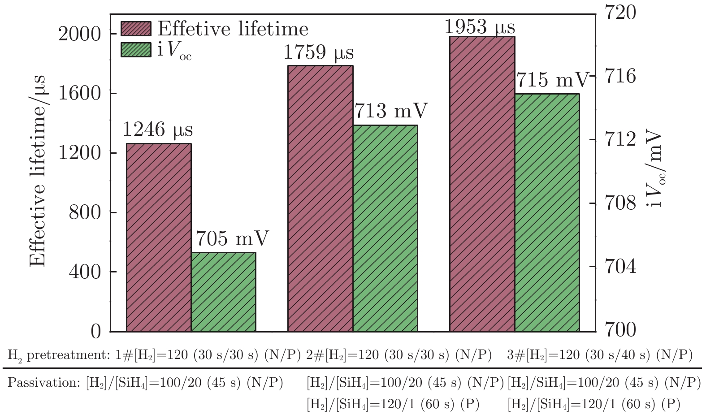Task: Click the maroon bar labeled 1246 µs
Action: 159,238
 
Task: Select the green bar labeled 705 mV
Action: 224,292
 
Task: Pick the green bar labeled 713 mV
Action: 385,228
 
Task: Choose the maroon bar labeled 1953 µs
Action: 482,184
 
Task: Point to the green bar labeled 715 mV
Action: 547,212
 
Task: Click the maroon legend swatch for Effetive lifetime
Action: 136,28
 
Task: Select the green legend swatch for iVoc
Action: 136,49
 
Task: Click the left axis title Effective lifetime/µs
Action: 38,170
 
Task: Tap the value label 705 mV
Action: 232,238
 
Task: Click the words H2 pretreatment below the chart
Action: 58,355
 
